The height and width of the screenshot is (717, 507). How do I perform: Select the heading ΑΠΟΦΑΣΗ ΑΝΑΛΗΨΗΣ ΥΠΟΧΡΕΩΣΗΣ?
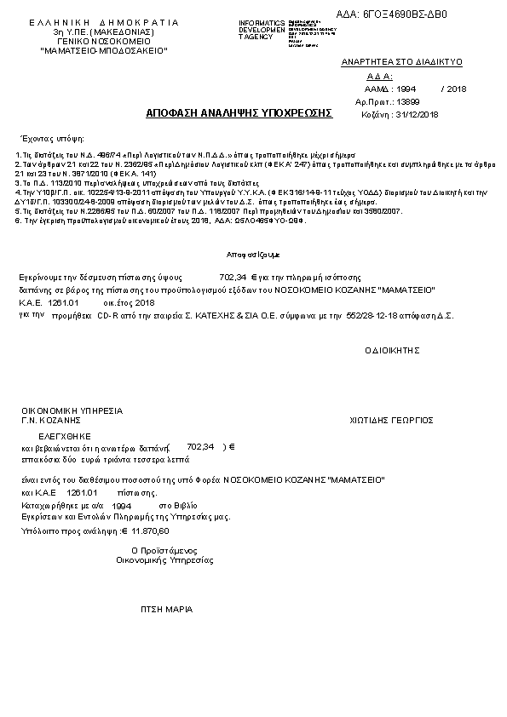(239, 112)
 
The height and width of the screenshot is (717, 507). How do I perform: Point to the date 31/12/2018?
(418, 114)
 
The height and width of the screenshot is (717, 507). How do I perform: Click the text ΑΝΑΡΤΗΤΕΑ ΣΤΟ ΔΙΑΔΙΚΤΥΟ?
(389, 62)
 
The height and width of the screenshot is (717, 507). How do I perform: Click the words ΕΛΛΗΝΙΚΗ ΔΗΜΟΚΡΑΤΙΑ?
(104, 22)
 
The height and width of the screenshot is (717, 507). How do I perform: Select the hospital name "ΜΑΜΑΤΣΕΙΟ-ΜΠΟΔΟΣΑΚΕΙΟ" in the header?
(104, 51)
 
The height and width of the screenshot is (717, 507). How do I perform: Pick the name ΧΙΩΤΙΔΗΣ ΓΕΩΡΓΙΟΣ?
(392, 420)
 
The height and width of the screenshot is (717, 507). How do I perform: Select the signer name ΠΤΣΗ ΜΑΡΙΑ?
(166, 610)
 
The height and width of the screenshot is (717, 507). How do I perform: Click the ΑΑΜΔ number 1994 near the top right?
(406, 89)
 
